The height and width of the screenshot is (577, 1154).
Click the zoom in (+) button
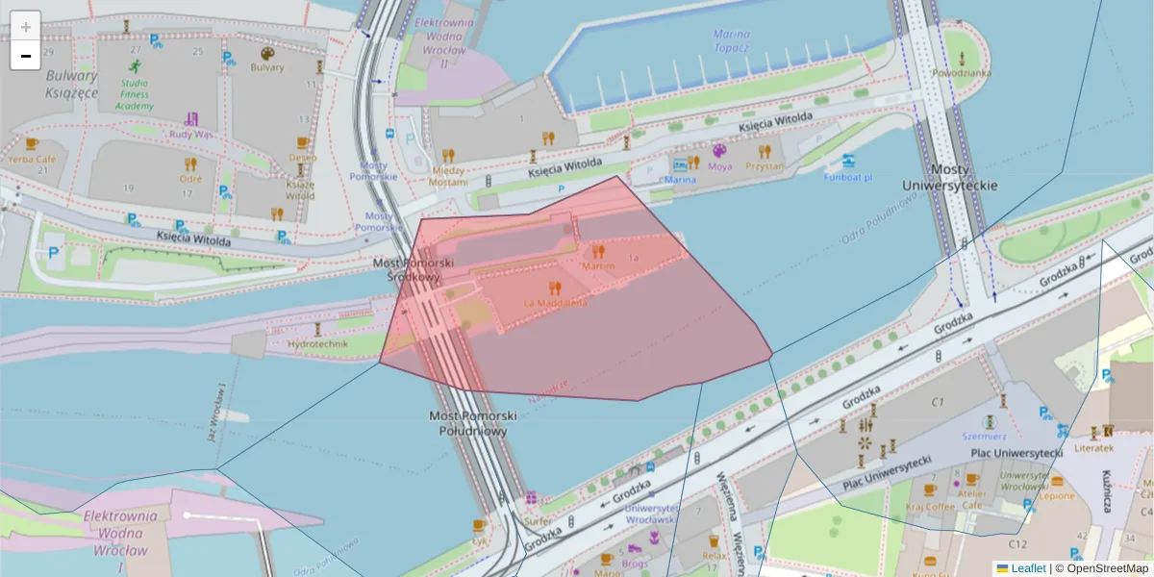26,27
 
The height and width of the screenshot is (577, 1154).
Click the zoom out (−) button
26,56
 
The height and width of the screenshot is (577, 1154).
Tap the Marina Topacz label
732,40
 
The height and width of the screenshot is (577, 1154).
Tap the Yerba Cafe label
32,158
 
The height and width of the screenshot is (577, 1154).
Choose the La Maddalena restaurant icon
554,288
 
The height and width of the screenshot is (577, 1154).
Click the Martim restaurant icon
598,252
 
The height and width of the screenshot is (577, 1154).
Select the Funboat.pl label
847,177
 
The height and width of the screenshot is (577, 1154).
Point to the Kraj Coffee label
928,506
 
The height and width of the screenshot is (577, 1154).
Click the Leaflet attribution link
1027,568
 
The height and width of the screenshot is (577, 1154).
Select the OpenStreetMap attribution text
1107,568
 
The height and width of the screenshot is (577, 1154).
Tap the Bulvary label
267,67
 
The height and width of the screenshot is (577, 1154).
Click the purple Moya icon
719,151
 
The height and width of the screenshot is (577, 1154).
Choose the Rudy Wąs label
190,135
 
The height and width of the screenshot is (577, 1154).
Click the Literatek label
1094,447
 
